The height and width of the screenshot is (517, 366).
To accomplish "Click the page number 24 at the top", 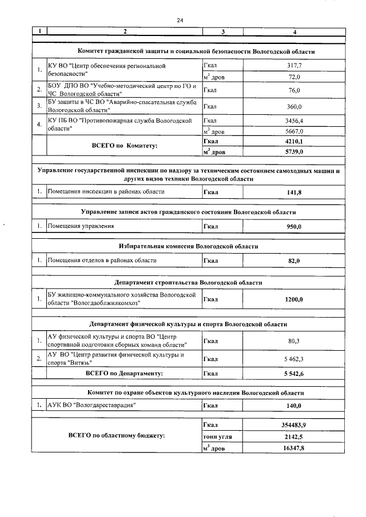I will [x=179, y=20].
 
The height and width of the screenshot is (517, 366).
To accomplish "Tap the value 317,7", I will [x=294, y=66].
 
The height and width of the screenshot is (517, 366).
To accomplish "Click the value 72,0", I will [x=294, y=77].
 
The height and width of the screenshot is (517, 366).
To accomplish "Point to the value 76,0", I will [x=294, y=90].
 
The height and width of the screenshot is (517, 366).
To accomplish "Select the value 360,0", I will [x=294, y=106].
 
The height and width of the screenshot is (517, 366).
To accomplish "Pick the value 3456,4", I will [x=294, y=121].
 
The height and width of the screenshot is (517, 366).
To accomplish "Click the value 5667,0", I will [x=294, y=131].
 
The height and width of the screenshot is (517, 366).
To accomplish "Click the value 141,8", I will [x=294, y=193].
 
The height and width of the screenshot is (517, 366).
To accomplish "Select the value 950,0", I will [x=294, y=227].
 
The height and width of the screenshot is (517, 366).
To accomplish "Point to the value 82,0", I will [x=294, y=260].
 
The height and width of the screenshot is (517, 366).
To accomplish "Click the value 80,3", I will [x=294, y=342].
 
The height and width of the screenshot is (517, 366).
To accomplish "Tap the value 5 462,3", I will [x=294, y=359].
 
